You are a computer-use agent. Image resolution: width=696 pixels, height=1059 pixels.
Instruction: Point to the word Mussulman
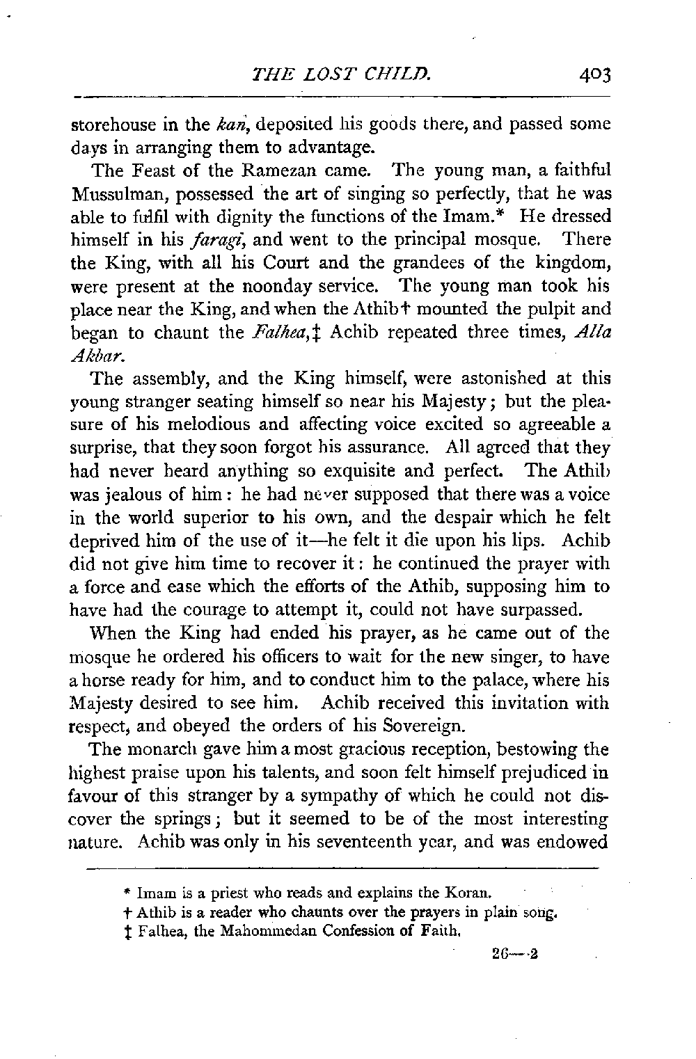(111, 194)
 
